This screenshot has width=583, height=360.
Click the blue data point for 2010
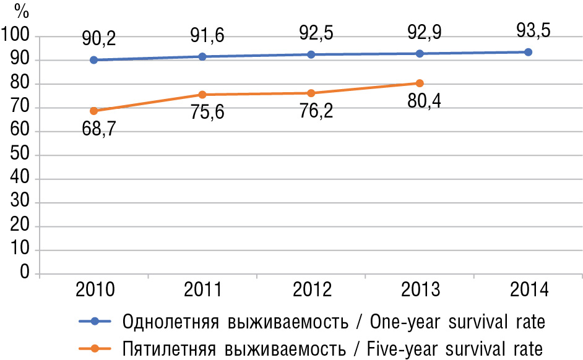93,60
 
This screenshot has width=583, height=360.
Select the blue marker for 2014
528,52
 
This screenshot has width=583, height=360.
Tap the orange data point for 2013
420,83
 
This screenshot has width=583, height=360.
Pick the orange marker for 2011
202,95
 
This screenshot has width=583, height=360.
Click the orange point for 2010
93,111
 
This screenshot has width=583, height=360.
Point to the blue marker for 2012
311,54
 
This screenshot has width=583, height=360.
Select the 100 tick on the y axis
16,36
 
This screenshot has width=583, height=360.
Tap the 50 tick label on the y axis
21,155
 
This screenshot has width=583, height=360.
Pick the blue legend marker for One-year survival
95,321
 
